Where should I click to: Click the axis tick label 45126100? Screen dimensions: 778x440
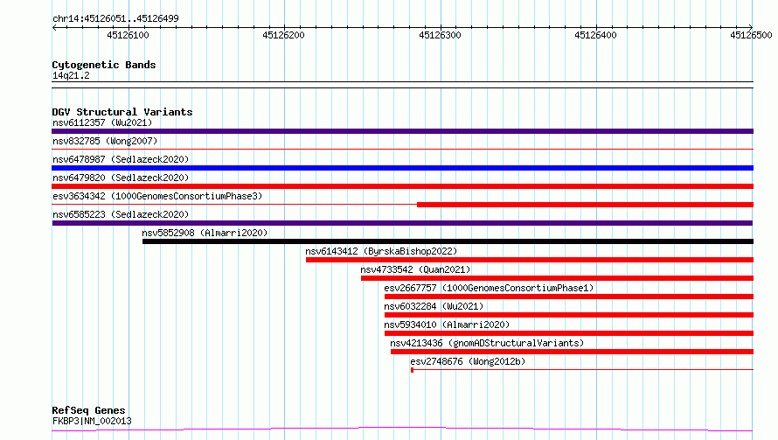[x=128, y=35]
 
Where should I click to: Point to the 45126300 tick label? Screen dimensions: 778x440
[x=440, y=35]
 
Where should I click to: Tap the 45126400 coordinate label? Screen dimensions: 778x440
[x=595, y=35]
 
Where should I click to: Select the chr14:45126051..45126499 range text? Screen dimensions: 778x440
[x=115, y=18]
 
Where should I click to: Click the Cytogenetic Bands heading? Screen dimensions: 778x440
[x=104, y=65]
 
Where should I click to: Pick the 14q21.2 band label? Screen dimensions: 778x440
[x=71, y=75]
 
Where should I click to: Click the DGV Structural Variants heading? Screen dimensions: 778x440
[x=122, y=112]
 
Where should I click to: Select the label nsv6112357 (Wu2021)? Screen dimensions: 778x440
[x=102, y=122]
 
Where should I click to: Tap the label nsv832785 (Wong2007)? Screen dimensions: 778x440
[x=105, y=141]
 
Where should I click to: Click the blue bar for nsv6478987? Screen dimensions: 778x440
[x=402, y=168]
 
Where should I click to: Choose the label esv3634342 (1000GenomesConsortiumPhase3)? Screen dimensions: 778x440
[x=157, y=196]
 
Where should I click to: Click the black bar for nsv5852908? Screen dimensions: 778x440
[x=448, y=241]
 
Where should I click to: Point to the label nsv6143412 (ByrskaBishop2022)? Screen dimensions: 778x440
[x=381, y=251]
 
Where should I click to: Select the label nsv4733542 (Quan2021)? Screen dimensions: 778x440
[x=415, y=269]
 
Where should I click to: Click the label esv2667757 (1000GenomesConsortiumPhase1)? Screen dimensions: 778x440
[x=489, y=288]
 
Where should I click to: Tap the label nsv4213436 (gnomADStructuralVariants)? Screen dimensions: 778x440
[x=487, y=343]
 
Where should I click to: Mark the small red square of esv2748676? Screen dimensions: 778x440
[x=412, y=370]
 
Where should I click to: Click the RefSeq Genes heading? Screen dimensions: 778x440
[x=88, y=410]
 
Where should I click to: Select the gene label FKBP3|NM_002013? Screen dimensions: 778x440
[x=92, y=421]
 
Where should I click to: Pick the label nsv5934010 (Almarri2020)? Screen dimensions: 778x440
[x=447, y=325]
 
